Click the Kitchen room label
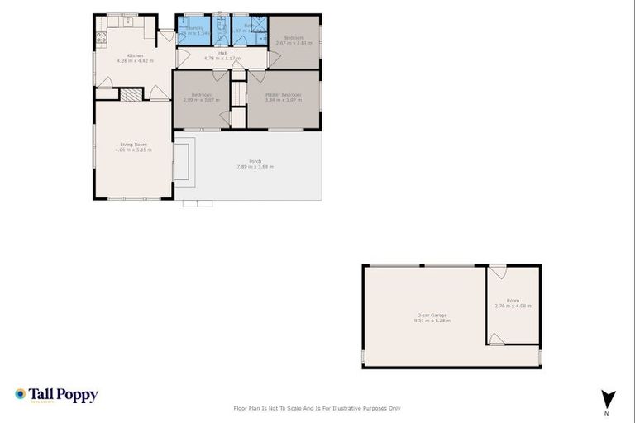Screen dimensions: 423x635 click(123, 58)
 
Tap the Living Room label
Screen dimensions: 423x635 click(136, 147)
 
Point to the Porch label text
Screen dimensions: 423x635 click(255, 163)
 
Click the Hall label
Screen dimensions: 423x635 click(222, 55)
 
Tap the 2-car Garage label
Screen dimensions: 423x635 click(432, 317)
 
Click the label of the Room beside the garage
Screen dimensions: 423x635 click(513, 303)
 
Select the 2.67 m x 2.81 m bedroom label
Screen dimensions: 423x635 click(295, 40)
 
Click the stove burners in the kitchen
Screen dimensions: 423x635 click(101, 36)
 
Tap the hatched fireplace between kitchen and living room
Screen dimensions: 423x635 click(130, 95)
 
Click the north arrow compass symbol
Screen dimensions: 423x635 click(608, 398)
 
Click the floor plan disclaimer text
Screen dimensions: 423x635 click(317, 408)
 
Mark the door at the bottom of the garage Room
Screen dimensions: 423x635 click(497, 338)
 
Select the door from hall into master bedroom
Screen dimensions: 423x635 click(256, 76)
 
